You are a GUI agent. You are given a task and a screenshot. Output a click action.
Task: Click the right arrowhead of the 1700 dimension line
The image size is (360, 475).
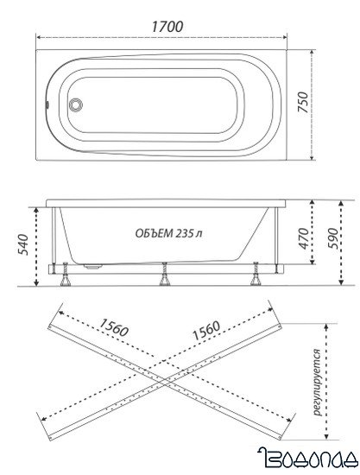point(290,39)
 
